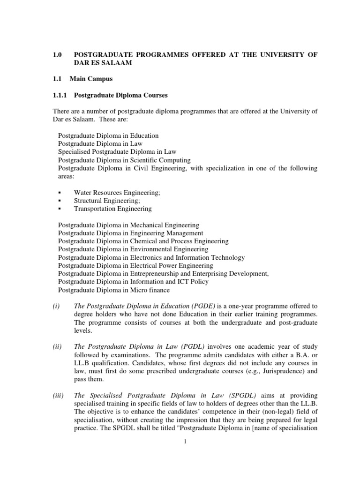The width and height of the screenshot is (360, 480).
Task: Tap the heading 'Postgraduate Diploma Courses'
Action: point(121,95)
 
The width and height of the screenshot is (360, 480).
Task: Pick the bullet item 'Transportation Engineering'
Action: point(113,209)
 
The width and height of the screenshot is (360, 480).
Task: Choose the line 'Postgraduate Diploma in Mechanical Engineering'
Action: point(128,225)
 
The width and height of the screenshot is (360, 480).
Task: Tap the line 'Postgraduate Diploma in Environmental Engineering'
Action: point(133,249)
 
